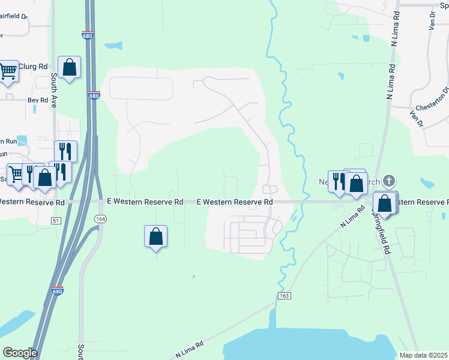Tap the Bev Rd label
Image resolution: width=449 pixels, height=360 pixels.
point(37,100)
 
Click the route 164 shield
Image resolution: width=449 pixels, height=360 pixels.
point(98,220)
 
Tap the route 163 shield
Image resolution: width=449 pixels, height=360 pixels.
point(284,296)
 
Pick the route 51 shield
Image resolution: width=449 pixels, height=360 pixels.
point(56,221)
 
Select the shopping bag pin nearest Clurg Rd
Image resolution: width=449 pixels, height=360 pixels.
point(70,68)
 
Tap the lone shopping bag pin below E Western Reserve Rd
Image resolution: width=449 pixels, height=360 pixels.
point(155,236)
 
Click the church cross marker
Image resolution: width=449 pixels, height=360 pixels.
point(388,180)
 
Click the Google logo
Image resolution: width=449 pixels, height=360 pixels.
point(20,353)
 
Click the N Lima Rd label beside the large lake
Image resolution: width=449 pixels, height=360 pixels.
point(190,349)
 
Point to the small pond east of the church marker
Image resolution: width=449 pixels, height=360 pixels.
point(427,182)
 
